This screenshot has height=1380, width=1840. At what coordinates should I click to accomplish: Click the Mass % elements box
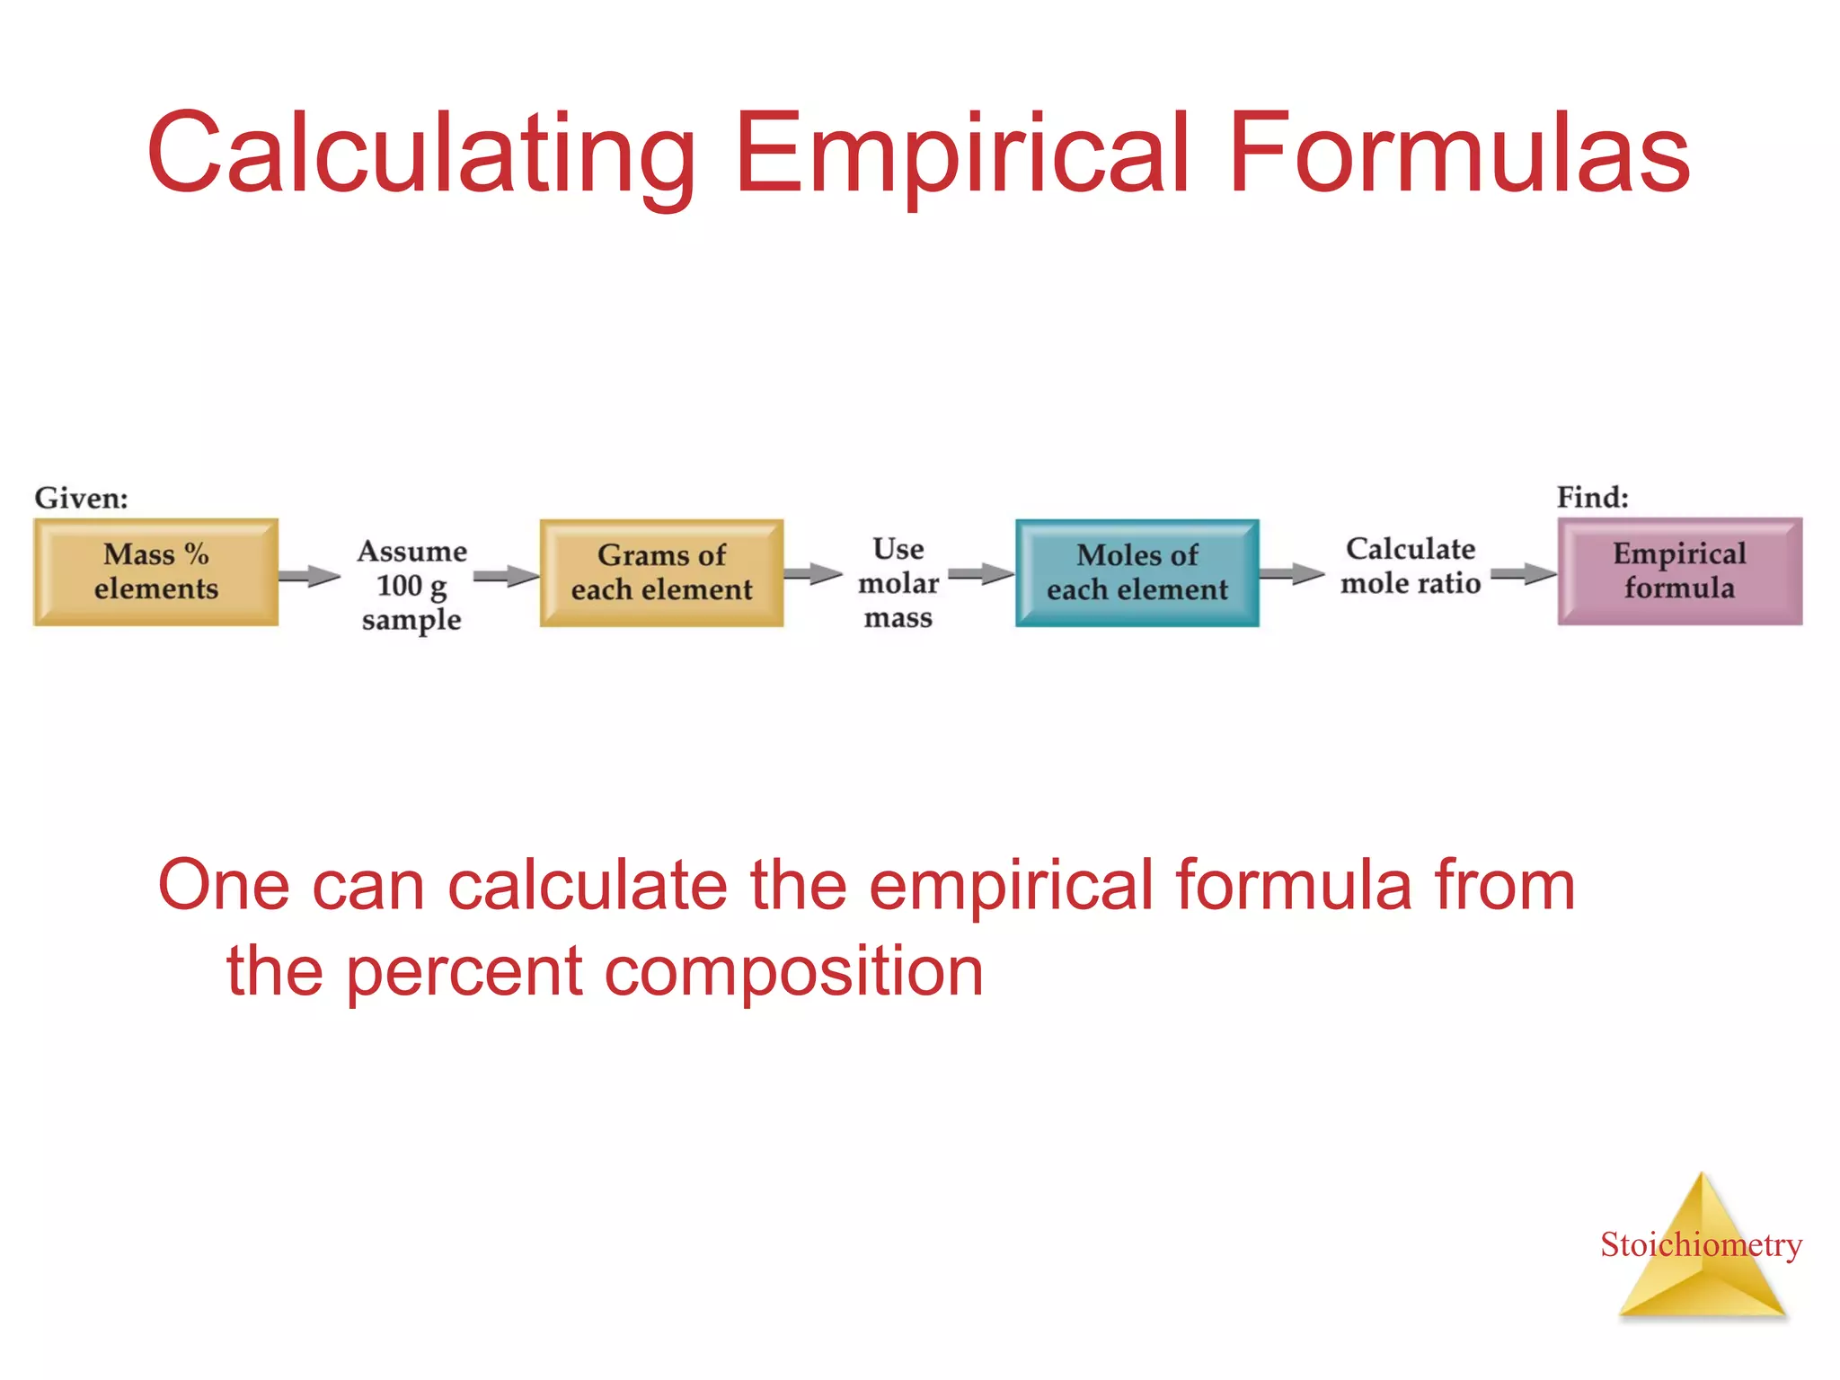coord(155,571)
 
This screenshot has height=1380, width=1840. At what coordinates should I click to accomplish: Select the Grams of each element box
coord(661,572)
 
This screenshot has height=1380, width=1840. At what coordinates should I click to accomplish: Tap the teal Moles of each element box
coord(1137,572)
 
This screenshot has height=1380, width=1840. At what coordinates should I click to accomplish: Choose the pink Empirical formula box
coord(1679,571)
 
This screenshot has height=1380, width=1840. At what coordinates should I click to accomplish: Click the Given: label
coord(81,498)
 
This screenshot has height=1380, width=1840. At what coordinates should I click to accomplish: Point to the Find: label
coord(1592,497)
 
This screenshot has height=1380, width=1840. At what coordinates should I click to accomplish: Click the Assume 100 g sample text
coord(411,585)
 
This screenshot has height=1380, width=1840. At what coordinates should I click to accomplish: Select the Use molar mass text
coord(898,583)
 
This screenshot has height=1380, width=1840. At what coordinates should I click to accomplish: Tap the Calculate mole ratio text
coord(1410,566)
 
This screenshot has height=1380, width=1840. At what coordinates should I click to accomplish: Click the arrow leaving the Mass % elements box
coord(309,575)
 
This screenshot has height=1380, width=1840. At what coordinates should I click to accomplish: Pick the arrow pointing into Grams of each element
coord(506,576)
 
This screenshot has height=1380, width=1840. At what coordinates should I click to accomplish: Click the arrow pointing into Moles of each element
coord(981,574)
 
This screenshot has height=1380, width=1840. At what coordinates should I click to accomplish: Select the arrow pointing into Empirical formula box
coord(1523,574)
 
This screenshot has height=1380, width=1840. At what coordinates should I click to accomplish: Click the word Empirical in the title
coord(962,153)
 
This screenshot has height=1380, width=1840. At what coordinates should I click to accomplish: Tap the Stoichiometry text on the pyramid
coord(1701,1245)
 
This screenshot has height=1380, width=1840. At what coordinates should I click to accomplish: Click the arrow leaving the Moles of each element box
coord(1291,574)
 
